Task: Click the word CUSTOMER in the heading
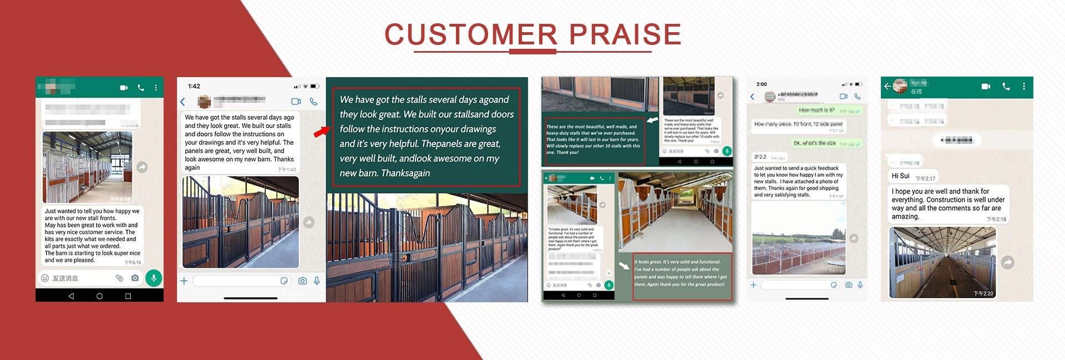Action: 470,34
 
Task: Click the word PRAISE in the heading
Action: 625,34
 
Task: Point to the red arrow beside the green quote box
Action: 321,131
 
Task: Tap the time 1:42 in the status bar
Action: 194,86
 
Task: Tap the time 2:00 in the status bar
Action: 762,84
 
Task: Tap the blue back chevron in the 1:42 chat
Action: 183,102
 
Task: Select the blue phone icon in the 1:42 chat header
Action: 313,102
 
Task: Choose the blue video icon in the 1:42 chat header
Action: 296,102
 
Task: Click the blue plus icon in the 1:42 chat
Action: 184,281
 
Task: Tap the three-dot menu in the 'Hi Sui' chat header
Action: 1024,87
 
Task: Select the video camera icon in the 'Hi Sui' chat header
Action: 986,87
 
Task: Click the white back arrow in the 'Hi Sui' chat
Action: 887,86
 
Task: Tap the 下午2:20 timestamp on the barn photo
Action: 983,293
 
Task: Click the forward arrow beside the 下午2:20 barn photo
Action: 1008,262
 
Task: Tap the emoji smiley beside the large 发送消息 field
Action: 45,278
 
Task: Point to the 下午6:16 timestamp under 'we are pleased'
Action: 133,262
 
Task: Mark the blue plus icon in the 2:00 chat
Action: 753,285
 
